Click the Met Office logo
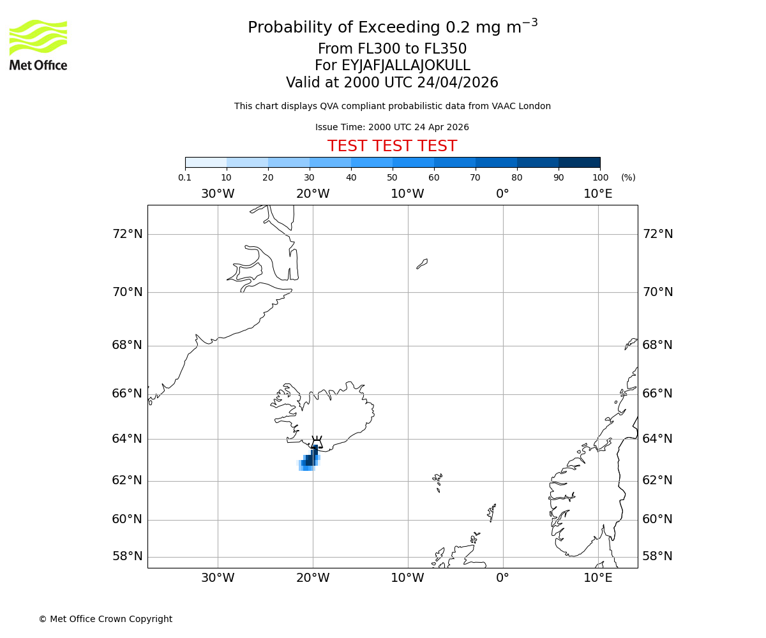tap(38, 45)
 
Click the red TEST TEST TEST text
tap(392, 146)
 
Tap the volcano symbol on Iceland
tap(317, 441)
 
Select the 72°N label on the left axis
tap(128, 234)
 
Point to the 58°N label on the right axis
tap(657, 556)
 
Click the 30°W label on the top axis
tap(218, 194)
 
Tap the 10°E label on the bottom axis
tap(598, 578)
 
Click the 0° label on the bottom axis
tap(503, 578)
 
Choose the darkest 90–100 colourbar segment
tap(579, 162)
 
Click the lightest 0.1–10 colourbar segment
tap(206, 162)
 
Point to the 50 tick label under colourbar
tap(392, 177)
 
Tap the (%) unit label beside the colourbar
tap(628, 177)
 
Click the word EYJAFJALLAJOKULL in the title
tap(406, 66)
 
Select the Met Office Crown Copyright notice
tap(105, 619)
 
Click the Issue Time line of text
tap(392, 127)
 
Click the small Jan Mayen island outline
tap(422, 263)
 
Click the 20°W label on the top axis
tap(313, 194)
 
